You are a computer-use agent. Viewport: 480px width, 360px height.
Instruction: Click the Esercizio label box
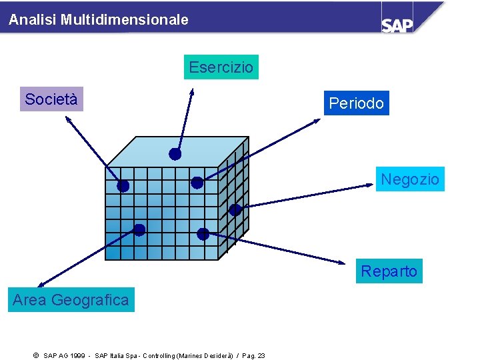[x=221, y=67]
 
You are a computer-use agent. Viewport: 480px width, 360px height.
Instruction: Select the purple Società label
[x=51, y=99]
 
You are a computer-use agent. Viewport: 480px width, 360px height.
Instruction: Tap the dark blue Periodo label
[x=356, y=103]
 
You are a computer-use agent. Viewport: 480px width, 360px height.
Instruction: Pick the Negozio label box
[x=409, y=179]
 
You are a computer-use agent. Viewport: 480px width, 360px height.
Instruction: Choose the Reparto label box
[x=389, y=271]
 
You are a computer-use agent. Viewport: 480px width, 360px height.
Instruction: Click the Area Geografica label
[x=71, y=300]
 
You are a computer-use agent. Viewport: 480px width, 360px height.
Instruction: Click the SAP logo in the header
[x=397, y=24]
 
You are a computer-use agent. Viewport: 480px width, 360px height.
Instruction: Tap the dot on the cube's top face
[x=175, y=154]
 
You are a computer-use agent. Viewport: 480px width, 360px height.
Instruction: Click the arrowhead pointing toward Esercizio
[x=191, y=91]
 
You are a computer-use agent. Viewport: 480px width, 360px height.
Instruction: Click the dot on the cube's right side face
[x=235, y=210]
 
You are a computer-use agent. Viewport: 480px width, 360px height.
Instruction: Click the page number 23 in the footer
[x=261, y=355]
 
